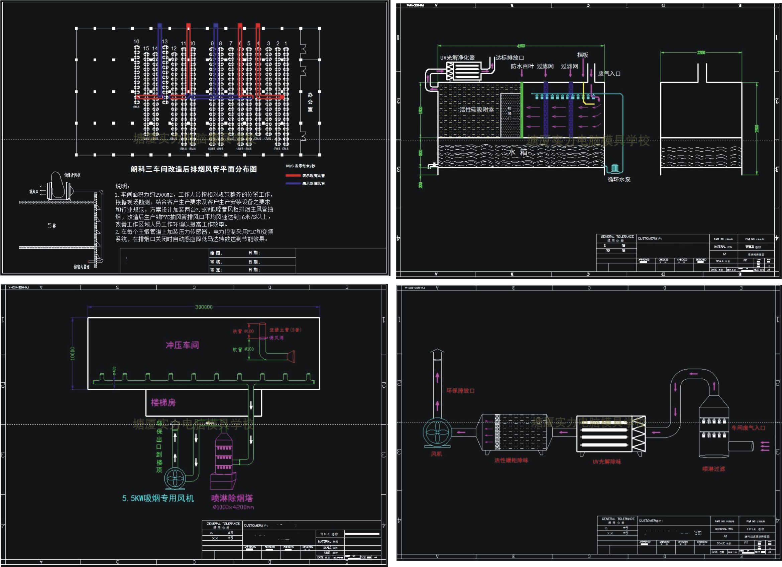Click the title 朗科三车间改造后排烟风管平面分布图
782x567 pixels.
(194, 169)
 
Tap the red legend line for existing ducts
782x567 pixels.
(293, 176)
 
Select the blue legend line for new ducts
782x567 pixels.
(293, 183)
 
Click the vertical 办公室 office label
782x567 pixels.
(310, 102)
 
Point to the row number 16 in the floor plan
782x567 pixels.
(136, 41)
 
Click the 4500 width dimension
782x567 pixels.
(521, 46)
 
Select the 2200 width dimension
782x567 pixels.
(701, 53)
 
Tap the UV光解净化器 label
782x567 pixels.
(457, 57)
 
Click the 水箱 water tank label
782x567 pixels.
(518, 152)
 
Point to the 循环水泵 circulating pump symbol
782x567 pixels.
(615, 168)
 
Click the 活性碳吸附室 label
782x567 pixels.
(476, 110)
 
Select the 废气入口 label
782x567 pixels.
(609, 74)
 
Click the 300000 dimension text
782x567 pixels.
(204, 307)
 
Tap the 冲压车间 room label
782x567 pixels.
(182, 345)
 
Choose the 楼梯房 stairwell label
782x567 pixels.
(163, 402)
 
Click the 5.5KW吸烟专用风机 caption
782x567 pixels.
(158, 498)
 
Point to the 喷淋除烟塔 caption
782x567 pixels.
(232, 498)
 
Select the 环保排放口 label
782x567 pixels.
(460, 391)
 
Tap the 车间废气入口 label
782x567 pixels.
(748, 428)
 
